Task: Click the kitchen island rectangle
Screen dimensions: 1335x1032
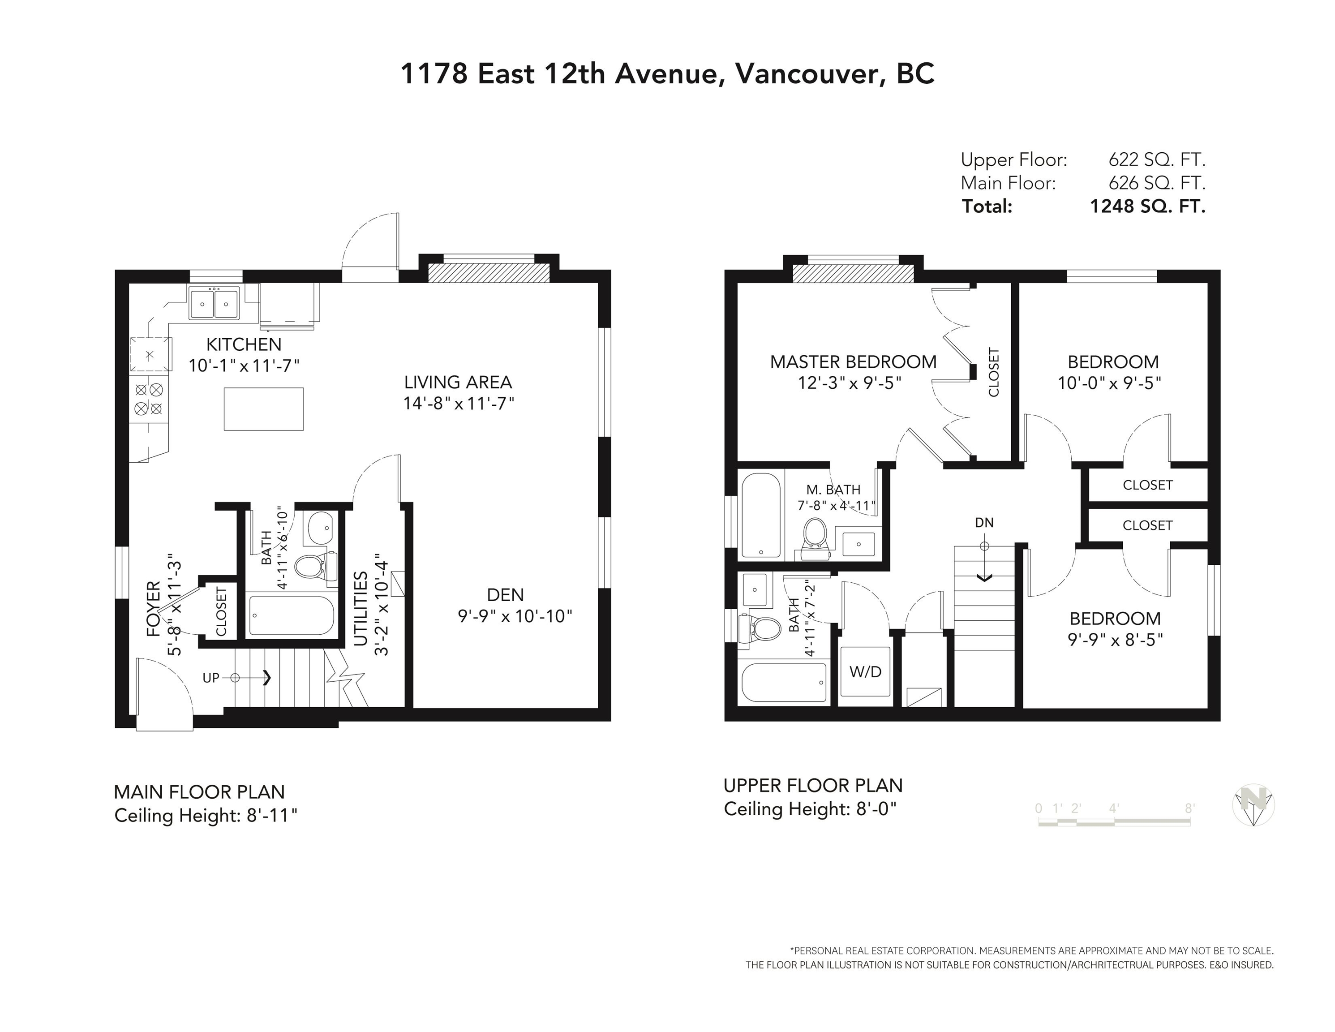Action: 263,409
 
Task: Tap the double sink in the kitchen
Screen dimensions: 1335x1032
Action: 214,303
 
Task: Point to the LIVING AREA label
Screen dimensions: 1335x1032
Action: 458,382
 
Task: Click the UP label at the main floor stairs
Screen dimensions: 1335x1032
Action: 211,677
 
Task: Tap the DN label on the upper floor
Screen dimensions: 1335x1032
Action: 984,523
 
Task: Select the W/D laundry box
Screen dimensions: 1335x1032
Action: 865,671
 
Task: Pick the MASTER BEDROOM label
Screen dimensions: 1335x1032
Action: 853,362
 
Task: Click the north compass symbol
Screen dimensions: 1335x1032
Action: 1253,804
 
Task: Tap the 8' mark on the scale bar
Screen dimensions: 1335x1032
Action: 1189,808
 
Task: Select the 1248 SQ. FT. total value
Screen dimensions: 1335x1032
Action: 1147,206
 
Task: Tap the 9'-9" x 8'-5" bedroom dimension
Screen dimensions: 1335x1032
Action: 1115,640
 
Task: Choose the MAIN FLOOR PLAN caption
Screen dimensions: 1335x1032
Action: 199,792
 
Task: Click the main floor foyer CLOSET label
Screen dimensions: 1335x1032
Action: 221,611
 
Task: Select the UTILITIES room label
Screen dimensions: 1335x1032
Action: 361,609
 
